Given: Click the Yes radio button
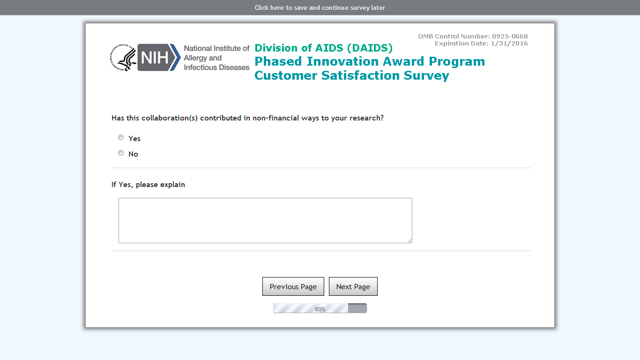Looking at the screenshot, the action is [x=121, y=137].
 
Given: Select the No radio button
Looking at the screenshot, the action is [x=121, y=153].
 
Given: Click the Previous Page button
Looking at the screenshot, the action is [x=293, y=286].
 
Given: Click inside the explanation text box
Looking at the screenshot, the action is [x=265, y=220].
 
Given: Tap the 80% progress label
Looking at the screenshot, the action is [x=320, y=309].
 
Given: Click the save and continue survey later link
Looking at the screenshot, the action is [x=320, y=7].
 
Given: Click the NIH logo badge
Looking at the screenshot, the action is [x=159, y=58].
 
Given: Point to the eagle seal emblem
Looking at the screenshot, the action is [x=123, y=58].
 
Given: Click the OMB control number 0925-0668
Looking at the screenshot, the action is [x=510, y=36].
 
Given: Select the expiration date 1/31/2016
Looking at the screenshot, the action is [x=509, y=44].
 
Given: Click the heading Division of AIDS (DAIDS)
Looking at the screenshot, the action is [x=324, y=48].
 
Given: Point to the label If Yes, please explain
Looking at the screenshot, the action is [x=148, y=185].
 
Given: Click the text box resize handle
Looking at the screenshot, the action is [x=410, y=241].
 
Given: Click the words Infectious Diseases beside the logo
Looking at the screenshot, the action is [x=216, y=67].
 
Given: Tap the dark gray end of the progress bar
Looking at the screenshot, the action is [x=357, y=308].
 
